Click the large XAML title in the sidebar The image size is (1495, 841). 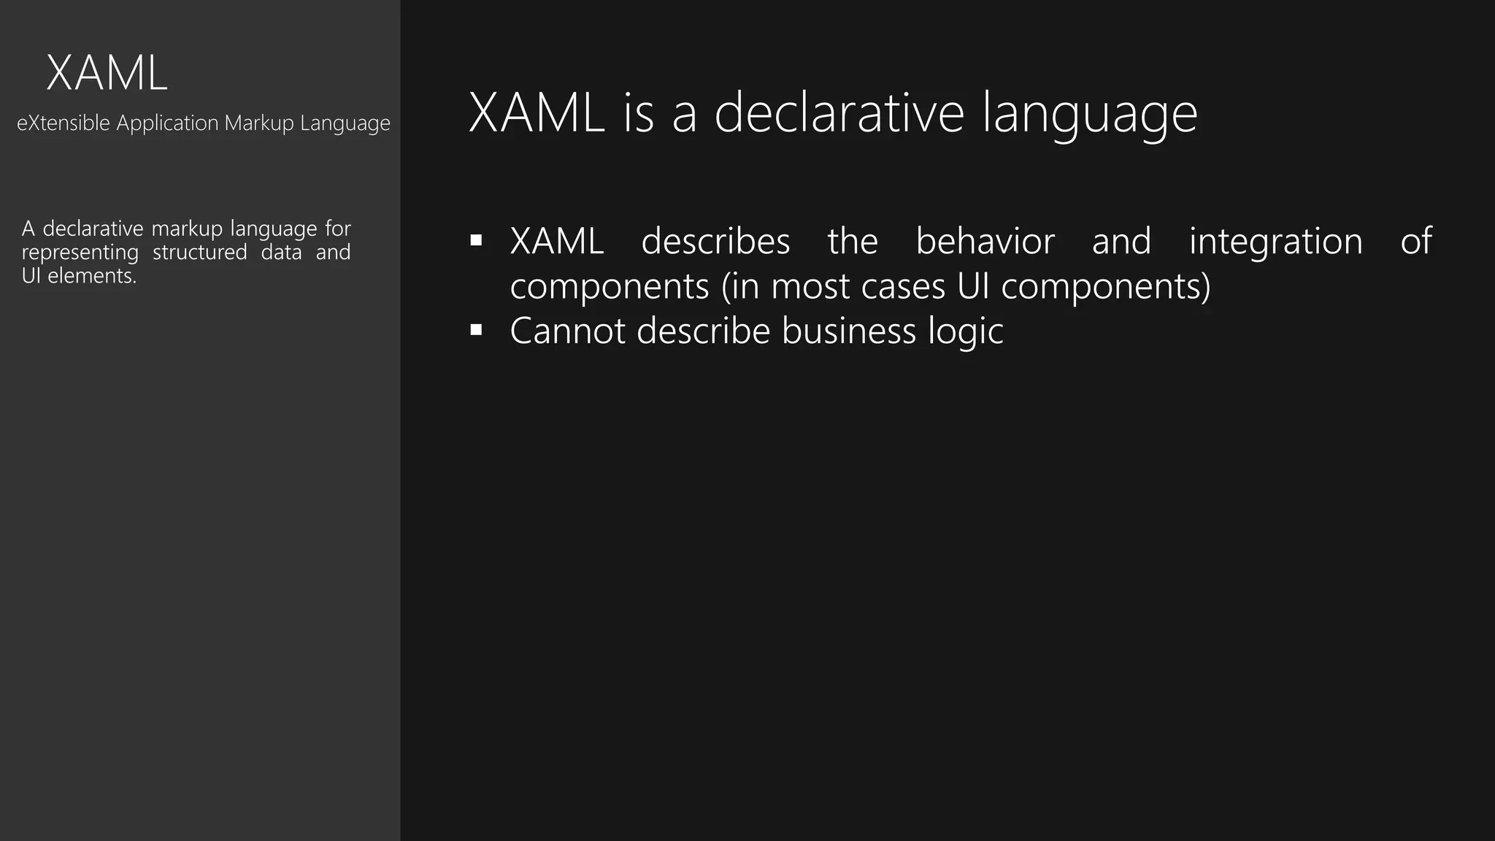click(107, 74)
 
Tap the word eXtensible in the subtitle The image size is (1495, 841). click(64, 123)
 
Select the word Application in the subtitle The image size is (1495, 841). click(167, 123)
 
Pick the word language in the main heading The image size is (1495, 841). click(1089, 114)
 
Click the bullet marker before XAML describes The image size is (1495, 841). click(477, 240)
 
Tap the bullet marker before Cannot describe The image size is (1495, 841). click(477, 330)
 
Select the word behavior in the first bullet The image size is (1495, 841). click(985, 241)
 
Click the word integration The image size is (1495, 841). click(1275, 242)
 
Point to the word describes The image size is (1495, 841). click(715, 241)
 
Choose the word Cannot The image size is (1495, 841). click(567, 331)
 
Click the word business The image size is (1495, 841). click(848, 331)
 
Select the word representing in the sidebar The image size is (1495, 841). click(80, 253)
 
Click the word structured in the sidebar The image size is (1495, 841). click(199, 253)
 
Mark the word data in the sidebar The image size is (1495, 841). click(281, 253)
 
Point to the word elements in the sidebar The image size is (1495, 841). click(91, 276)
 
